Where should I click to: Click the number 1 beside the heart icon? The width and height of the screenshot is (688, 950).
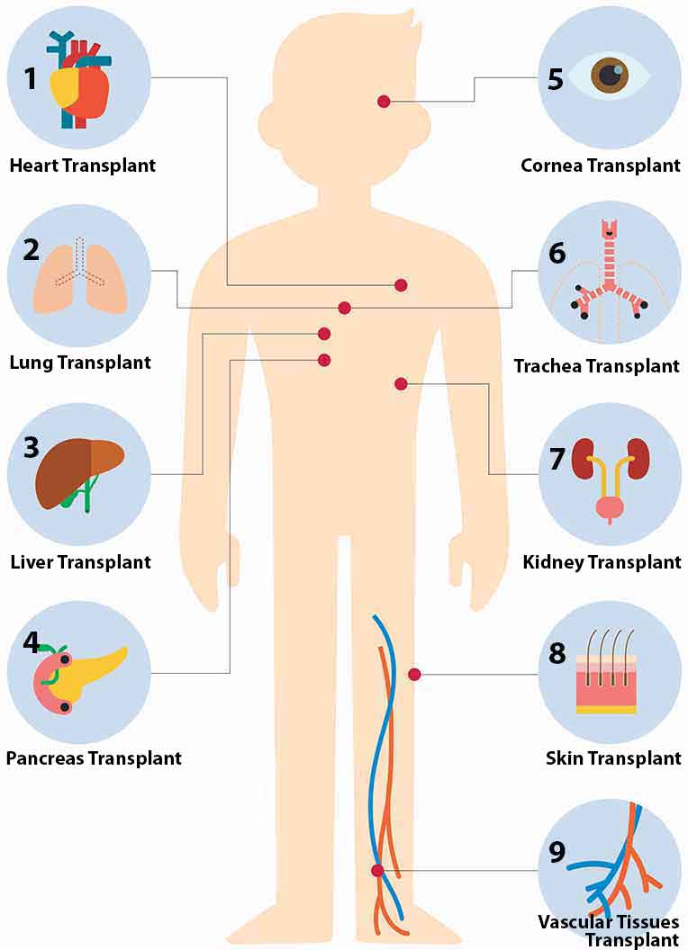(x=31, y=78)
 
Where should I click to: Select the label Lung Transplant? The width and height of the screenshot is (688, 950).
(x=80, y=363)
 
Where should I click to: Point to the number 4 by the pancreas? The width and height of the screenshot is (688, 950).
(x=32, y=642)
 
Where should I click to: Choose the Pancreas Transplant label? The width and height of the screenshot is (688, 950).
(x=94, y=758)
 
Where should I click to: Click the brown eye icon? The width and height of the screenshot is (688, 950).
(x=611, y=75)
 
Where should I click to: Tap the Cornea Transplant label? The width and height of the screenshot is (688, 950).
(x=601, y=166)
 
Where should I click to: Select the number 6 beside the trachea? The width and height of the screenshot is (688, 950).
(x=557, y=254)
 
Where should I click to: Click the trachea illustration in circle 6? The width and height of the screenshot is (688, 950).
(x=610, y=273)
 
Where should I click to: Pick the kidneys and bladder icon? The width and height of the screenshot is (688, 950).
(x=611, y=479)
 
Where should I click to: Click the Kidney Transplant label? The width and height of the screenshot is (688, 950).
(x=602, y=562)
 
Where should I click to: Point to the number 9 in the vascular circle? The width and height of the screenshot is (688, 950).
(x=557, y=852)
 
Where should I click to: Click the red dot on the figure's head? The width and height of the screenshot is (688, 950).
(x=384, y=101)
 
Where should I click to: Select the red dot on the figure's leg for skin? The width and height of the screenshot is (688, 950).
(x=414, y=675)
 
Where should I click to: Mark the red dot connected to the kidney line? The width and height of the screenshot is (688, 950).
(x=401, y=383)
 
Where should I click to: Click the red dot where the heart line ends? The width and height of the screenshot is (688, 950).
(x=401, y=285)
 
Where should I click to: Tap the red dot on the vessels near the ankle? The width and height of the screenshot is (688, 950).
(x=377, y=871)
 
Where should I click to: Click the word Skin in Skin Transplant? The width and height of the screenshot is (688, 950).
(x=565, y=758)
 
